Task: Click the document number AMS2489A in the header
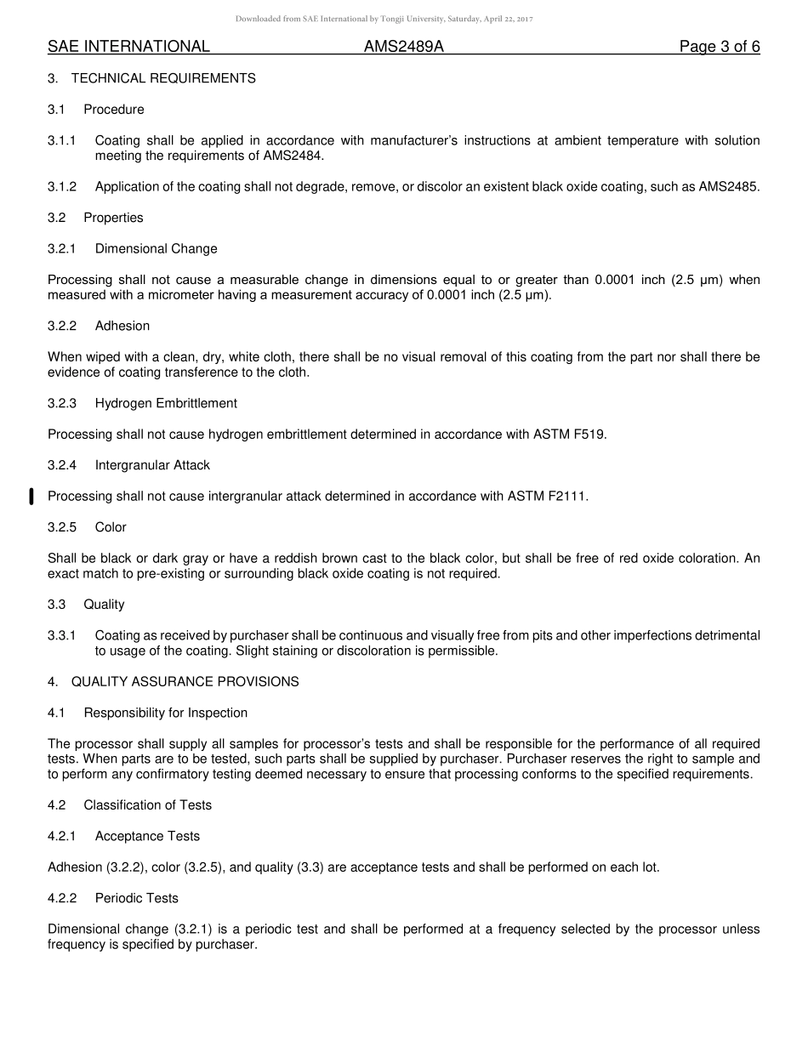(404, 47)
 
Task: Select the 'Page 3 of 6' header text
(720, 47)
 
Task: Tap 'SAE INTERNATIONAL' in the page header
(128, 47)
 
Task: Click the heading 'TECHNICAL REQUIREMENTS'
(163, 78)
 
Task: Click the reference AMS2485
(729, 187)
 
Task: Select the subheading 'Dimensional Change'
(156, 249)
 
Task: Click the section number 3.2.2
(62, 326)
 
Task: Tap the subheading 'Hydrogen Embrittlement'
(166, 403)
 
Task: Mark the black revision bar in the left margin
(31, 497)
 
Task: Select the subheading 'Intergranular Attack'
(152, 465)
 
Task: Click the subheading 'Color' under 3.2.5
(111, 527)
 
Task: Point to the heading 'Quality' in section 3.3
(104, 605)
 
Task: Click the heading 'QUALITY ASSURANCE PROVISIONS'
(185, 682)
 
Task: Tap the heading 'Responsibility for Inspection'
(165, 713)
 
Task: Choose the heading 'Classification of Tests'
(147, 805)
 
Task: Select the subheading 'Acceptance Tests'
(147, 837)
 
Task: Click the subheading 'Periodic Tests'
(136, 899)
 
